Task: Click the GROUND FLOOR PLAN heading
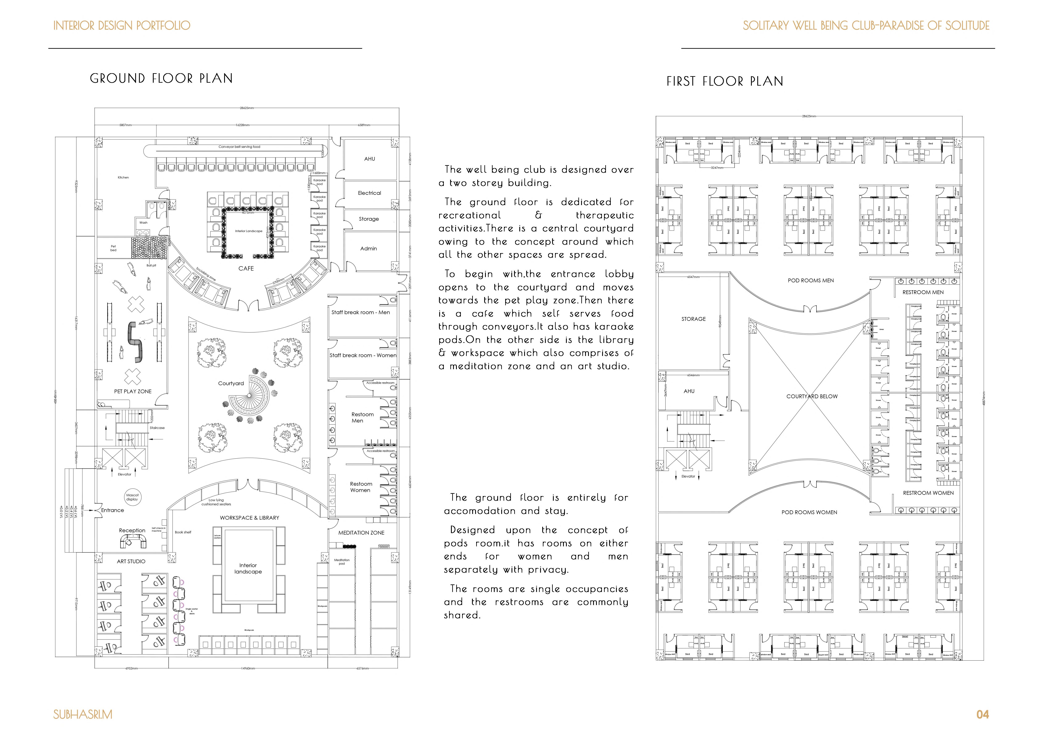(161, 79)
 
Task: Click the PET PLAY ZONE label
(133, 391)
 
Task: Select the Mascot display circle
(132, 497)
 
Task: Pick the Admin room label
(368, 249)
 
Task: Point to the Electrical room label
(369, 193)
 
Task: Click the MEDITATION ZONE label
(361, 533)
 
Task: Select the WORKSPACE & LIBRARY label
(249, 518)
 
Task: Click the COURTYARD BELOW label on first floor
(812, 396)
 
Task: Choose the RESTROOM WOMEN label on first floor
(928, 493)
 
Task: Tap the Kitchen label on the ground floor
(123, 178)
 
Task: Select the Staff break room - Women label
(363, 355)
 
